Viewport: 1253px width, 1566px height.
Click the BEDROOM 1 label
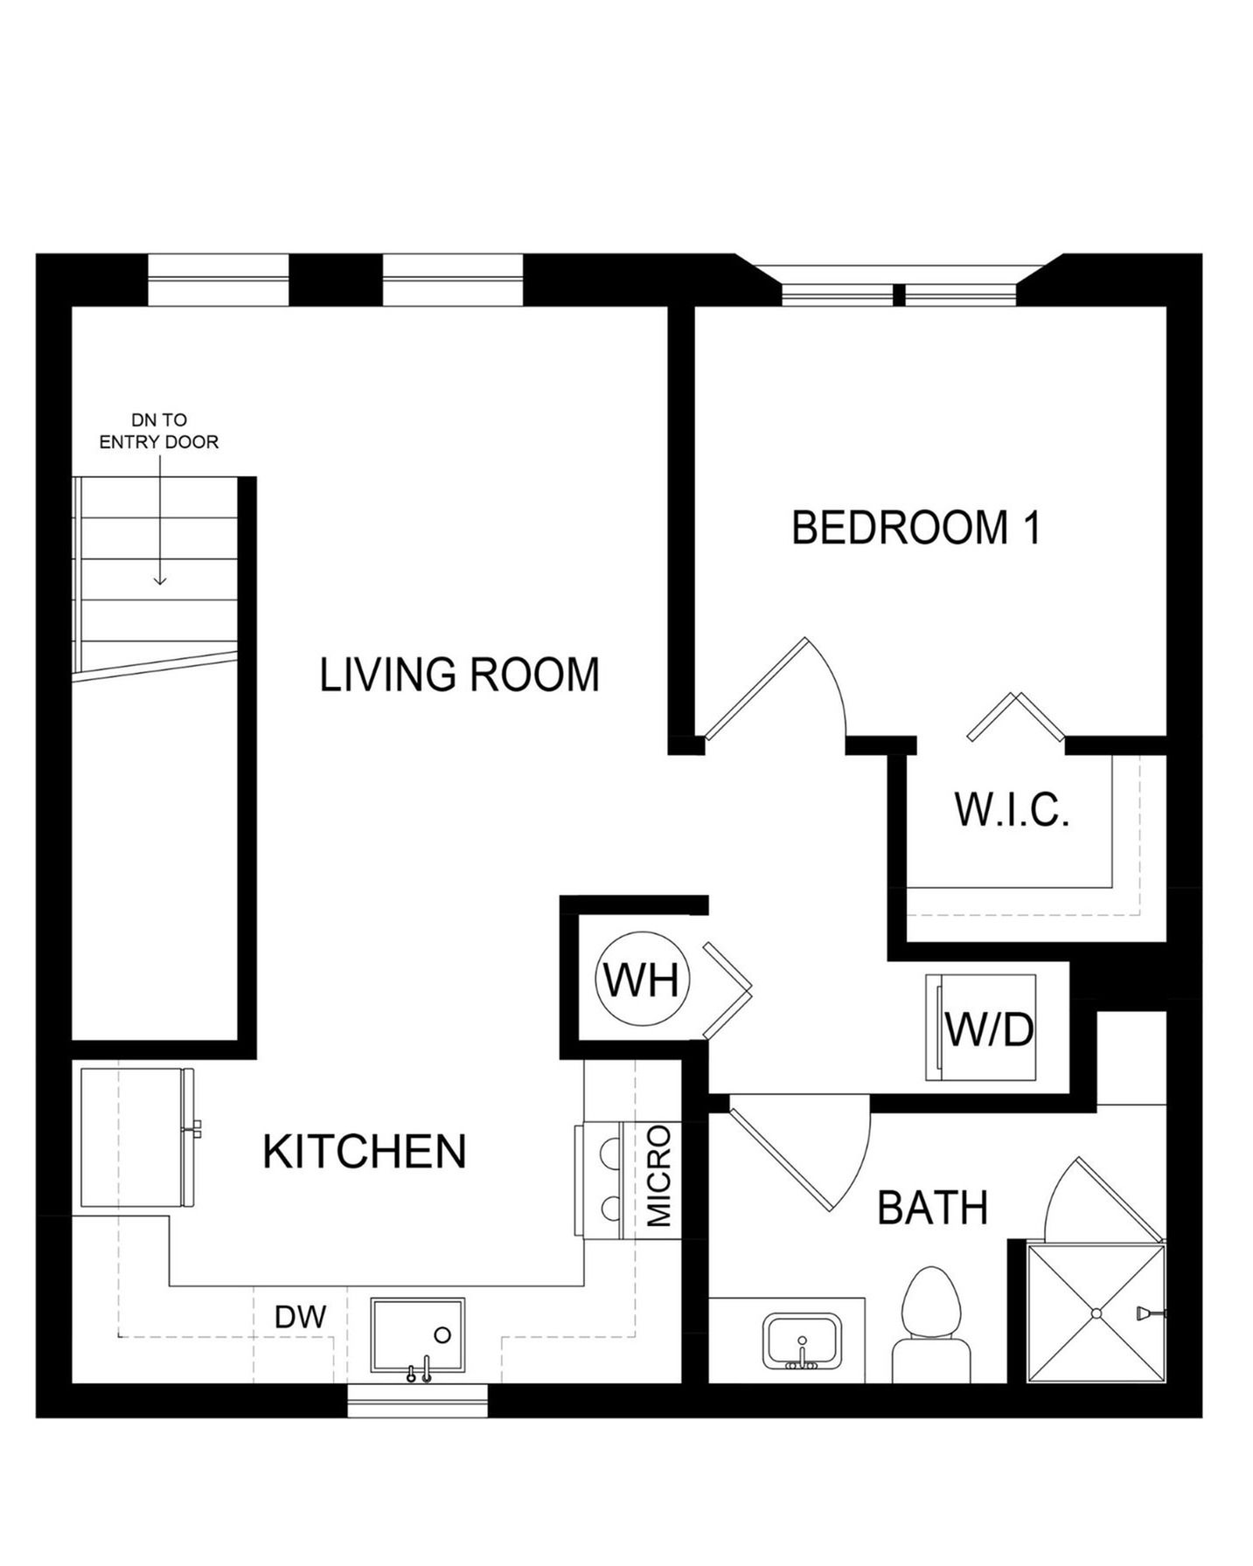tap(915, 528)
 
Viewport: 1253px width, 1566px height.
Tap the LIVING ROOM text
tap(459, 675)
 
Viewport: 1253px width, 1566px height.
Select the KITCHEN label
tap(365, 1152)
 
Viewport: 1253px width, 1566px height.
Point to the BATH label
tap(932, 1209)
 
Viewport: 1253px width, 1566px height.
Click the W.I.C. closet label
tap(1012, 810)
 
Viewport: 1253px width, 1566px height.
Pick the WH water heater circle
tap(643, 979)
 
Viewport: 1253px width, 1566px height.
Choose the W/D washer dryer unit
tap(981, 1028)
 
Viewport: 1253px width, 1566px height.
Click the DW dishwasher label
tap(300, 1317)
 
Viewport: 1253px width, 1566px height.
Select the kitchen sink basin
tap(418, 1334)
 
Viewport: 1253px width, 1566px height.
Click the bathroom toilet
tap(931, 1325)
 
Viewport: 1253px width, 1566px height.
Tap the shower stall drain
tap(1096, 1313)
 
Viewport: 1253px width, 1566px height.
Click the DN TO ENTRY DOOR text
tap(159, 432)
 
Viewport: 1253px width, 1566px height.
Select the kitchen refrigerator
tap(137, 1138)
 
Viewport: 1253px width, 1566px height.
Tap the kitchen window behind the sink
tap(417, 1401)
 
